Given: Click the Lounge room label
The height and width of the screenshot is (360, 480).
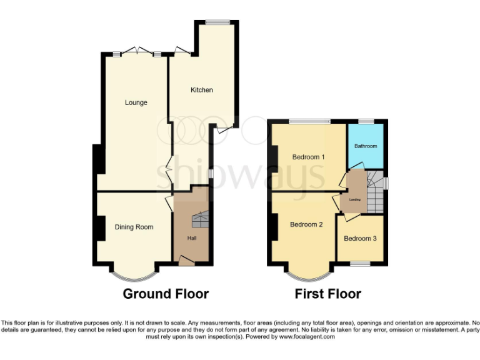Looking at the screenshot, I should pos(136,102).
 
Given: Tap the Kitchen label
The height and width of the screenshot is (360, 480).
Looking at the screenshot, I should pos(201,90).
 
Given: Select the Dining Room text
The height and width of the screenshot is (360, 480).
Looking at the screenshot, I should pos(134,227).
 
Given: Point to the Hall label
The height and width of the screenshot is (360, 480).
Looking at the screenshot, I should pos(191,238).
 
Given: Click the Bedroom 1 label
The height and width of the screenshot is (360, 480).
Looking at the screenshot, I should pos(309,157).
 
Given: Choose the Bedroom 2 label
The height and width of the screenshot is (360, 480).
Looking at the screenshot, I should pos(306,224).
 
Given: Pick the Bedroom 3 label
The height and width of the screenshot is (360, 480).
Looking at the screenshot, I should pos(360,238).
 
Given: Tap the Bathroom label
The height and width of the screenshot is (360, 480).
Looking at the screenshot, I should pos(366,146).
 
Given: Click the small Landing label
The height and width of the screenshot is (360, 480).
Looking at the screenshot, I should pos(354,199).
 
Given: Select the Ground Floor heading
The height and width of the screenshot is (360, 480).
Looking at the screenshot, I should pos(166,294).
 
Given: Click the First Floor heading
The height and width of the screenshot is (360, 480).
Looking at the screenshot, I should pos(328,294).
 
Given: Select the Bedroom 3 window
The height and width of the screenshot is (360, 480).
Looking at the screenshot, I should pos(360,264).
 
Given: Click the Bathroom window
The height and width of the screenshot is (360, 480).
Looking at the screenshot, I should pos(366,121).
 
